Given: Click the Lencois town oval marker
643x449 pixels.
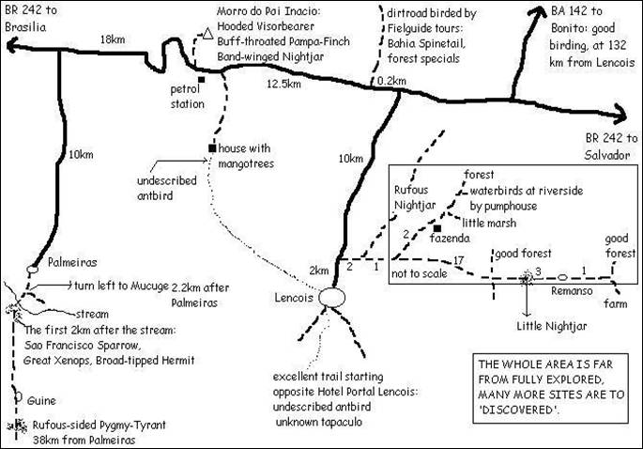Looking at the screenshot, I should pos(332,297).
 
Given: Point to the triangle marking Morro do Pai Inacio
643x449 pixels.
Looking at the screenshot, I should pos(205,36).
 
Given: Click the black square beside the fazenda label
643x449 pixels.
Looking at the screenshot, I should pos(437,227).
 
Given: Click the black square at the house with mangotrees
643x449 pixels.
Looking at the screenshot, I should pos(213,147).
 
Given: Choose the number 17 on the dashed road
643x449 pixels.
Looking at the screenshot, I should pos(458,259).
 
